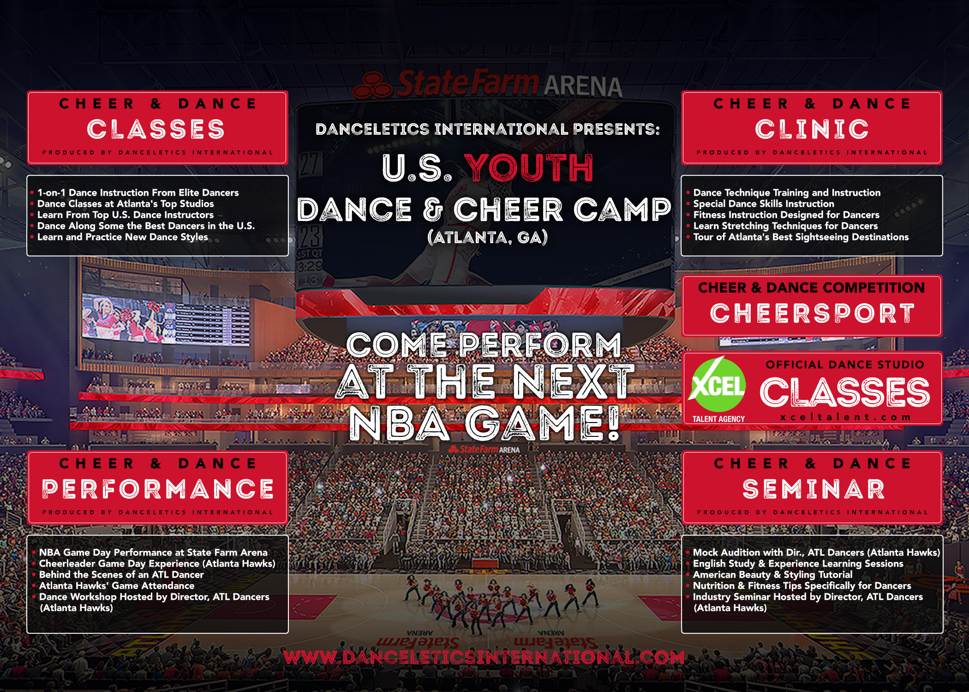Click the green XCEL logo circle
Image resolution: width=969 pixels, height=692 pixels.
pos(718,385)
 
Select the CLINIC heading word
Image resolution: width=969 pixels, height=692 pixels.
pos(812,129)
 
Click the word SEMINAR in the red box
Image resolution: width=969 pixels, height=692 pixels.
pos(813,489)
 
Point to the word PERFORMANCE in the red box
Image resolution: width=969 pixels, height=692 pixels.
pos(158,489)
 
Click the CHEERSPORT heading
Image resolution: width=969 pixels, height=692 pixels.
pos(812,314)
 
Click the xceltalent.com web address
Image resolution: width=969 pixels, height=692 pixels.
pos(845,417)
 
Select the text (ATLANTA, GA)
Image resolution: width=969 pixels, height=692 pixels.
pos(488,237)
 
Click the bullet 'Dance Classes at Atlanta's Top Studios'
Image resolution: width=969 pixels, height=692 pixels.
pos(126,204)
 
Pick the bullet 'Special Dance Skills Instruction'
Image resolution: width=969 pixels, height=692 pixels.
pos(764,204)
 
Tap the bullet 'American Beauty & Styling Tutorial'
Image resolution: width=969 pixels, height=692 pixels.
pos(772,575)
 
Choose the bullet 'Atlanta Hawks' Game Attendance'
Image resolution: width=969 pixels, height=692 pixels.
pos(117,586)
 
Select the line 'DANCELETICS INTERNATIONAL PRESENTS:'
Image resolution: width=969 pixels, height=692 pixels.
pos(488,129)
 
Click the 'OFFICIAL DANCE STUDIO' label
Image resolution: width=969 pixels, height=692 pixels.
pos(845,364)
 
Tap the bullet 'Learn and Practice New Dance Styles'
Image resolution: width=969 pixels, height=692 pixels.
pos(123,237)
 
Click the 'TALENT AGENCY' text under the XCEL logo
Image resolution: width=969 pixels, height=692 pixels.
pos(718,419)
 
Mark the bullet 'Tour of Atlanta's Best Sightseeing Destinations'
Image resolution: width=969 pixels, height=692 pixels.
pos(801,237)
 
